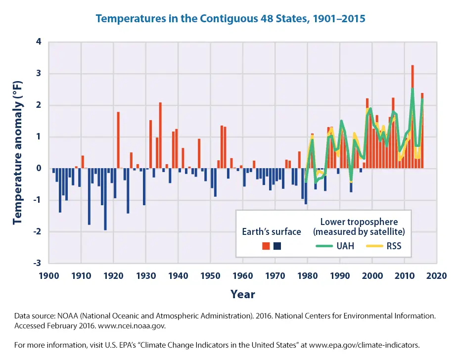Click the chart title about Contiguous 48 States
tap(230, 19)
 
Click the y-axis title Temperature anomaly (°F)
tap(18, 153)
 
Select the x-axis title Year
tap(243, 295)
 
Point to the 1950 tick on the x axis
tap(211, 275)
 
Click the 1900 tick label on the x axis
tap(49, 275)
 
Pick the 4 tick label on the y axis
tap(39, 42)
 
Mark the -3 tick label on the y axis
tap(38, 263)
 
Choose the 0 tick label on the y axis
tap(39, 169)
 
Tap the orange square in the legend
tap(266, 246)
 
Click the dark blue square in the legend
tap(277, 246)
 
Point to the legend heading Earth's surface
tap(271, 231)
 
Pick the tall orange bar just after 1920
tap(118, 140)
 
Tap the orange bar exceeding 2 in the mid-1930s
tap(160, 135)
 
